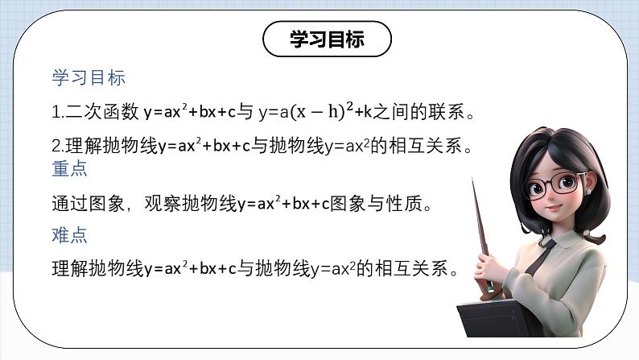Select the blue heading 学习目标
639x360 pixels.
tap(89, 78)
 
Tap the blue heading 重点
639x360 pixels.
tap(69, 170)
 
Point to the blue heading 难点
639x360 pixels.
tap(69, 235)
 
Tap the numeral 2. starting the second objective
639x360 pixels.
tap(56, 147)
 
